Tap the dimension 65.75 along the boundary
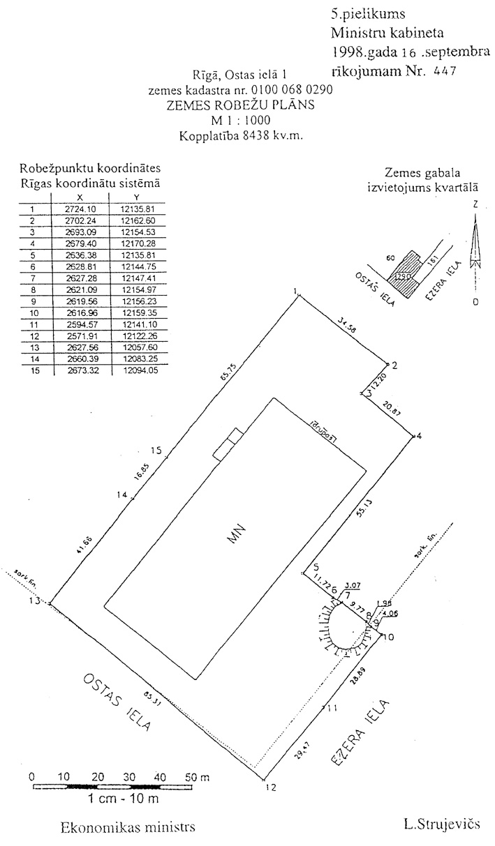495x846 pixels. tap(225, 376)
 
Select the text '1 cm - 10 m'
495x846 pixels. tap(123, 798)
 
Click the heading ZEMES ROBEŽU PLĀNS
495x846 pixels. tap(239, 105)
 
